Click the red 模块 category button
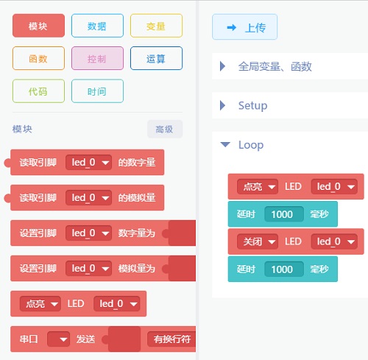[38, 26]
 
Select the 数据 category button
[97, 26]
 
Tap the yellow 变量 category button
[156, 26]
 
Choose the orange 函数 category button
[38, 58]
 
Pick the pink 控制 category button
[97, 58]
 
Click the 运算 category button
[156, 58]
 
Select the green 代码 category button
[38, 91]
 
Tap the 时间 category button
[97, 91]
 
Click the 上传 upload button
[244, 27]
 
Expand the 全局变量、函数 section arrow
[222, 66]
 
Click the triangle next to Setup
[222, 105]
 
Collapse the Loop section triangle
[225, 144]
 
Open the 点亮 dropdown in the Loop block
[258, 187]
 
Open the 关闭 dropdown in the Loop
[258, 241]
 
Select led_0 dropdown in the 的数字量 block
[89, 162]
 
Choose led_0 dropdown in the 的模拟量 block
[89, 197]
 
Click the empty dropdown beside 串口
[58, 339]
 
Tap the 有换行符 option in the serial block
[171, 339]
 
